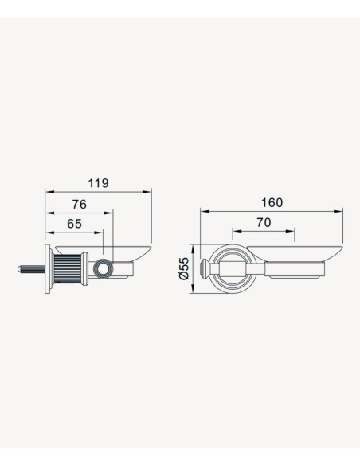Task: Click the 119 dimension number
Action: [x=98, y=183]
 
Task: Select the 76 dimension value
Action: [x=80, y=205]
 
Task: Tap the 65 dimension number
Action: [x=74, y=224]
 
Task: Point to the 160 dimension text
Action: [x=272, y=202]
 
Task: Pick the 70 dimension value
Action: [x=264, y=222]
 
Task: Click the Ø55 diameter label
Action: [x=184, y=268]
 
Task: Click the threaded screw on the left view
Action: [x=31, y=269]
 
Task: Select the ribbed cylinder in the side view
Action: [x=68, y=269]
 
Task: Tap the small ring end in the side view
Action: [x=104, y=268]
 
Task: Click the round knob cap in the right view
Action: [x=205, y=269]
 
